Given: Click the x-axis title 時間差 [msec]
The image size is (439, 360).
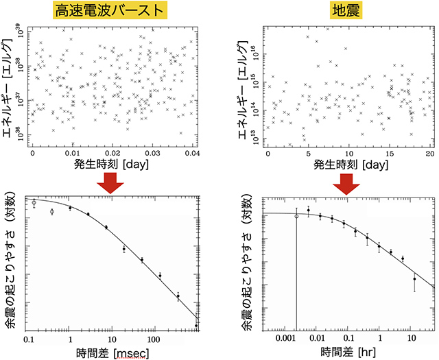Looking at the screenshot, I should [113, 352].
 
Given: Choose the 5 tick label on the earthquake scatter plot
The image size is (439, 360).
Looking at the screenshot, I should [308, 154].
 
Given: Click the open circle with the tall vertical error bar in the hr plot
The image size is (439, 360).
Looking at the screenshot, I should [296, 216].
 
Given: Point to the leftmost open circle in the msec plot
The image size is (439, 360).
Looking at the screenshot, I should [34, 203].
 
